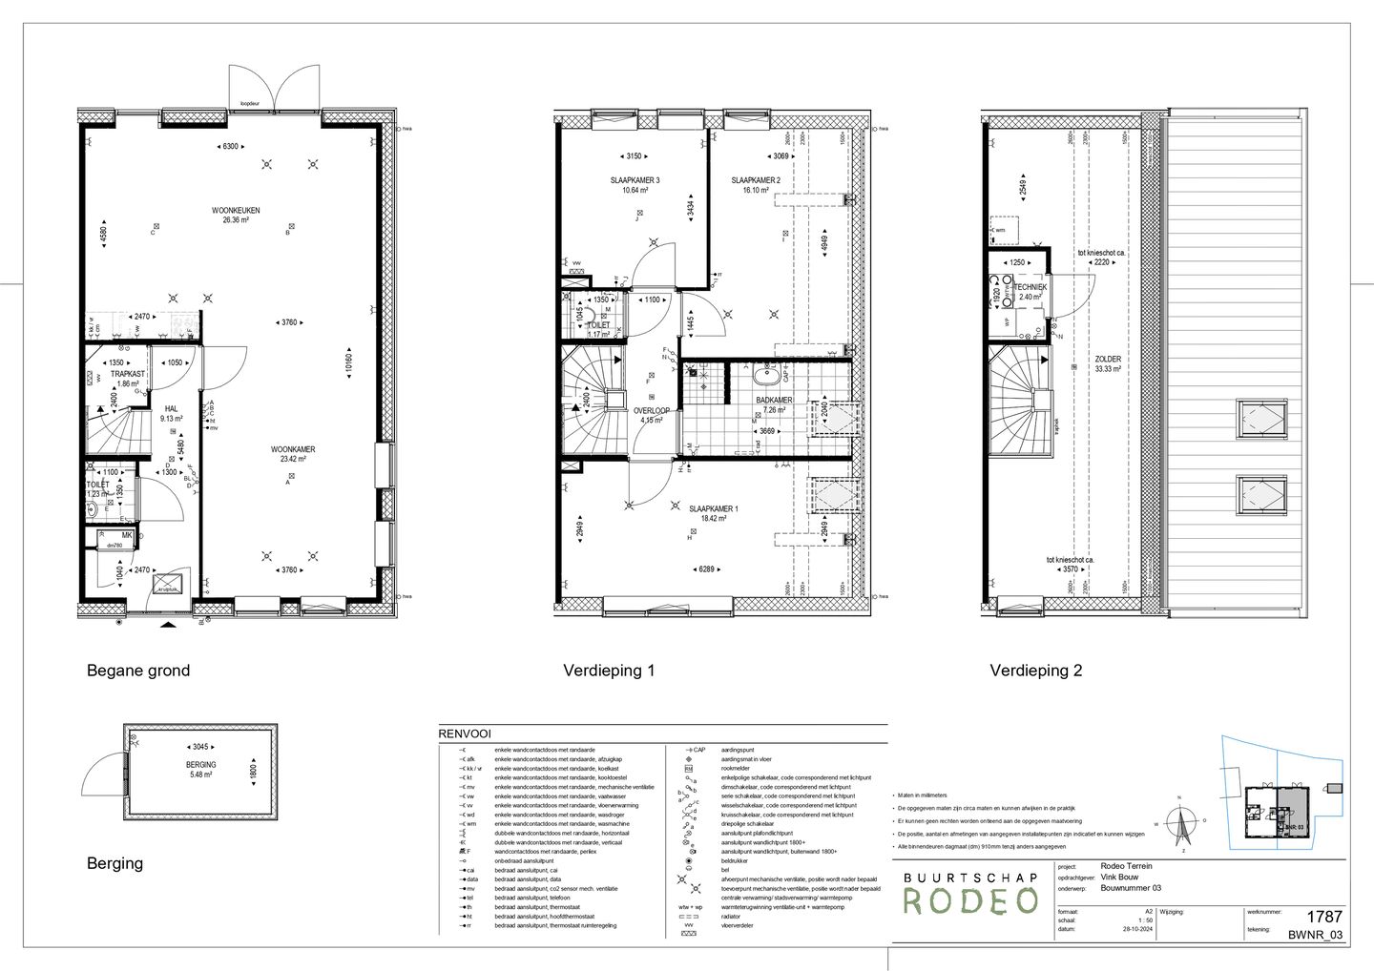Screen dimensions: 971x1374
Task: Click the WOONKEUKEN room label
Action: [236, 210]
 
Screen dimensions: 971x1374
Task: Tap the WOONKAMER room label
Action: [293, 449]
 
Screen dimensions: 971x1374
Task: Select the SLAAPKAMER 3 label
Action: [635, 180]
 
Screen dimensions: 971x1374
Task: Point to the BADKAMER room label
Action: [774, 401]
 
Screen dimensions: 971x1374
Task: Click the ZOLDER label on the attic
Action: [1108, 359]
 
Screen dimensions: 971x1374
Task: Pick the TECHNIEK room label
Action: [1030, 287]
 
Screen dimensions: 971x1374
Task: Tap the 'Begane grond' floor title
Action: [138, 671]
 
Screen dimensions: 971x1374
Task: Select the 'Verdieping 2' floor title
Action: [1035, 671]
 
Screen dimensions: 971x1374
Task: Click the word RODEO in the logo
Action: [970, 900]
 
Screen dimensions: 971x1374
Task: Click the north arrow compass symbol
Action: [1182, 822]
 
